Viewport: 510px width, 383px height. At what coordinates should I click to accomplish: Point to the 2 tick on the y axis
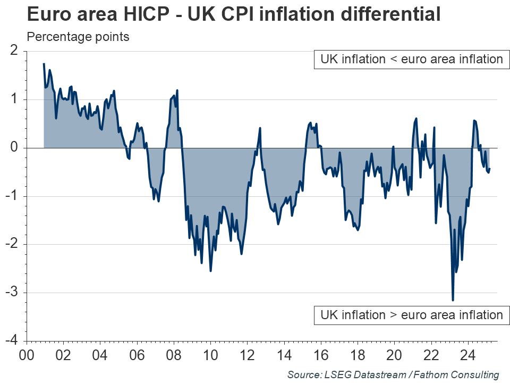click(14, 51)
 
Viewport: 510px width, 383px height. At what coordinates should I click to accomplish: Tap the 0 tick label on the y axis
click(14, 148)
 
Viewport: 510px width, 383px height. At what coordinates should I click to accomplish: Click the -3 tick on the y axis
click(12, 293)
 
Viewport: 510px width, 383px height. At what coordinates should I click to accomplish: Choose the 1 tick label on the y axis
click(14, 99)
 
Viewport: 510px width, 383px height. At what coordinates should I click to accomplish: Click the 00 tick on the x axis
click(27, 355)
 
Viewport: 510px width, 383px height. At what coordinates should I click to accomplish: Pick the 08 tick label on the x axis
click(174, 355)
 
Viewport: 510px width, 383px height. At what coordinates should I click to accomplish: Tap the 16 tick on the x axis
click(321, 355)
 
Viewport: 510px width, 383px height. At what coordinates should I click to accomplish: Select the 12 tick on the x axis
click(248, 355)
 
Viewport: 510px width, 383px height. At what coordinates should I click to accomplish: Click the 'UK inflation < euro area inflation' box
click(411, 59)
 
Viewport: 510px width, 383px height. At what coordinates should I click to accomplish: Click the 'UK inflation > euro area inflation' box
click(411, 315)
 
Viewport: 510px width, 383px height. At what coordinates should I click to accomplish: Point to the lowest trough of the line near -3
click(453, 300)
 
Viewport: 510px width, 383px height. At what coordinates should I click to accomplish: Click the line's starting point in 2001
click(44, 64)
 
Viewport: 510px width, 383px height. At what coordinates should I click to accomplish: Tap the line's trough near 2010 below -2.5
click(210, 271)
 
